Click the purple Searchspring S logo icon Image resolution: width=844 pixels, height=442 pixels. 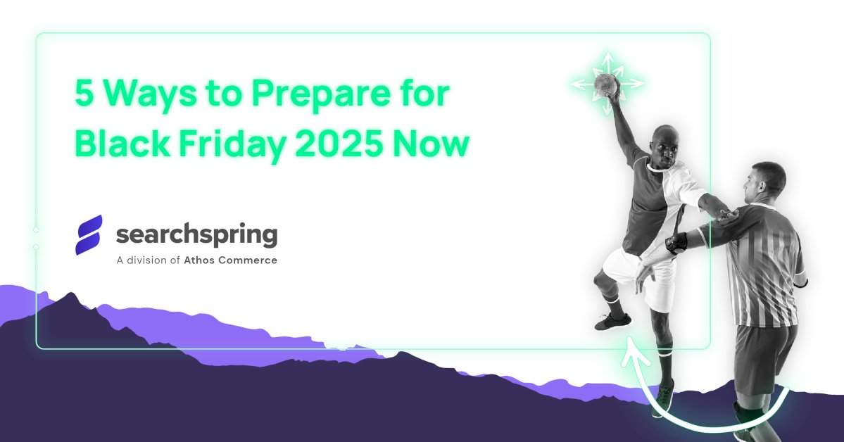coord(89,234)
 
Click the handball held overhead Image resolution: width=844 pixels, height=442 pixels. coord(606,85)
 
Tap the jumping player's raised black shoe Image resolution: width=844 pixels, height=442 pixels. coord(613,322)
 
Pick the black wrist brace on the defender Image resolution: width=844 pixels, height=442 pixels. coord(676,243)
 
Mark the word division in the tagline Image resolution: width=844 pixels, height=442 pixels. coord(149,260)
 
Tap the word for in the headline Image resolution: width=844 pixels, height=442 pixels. coord(424,94)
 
